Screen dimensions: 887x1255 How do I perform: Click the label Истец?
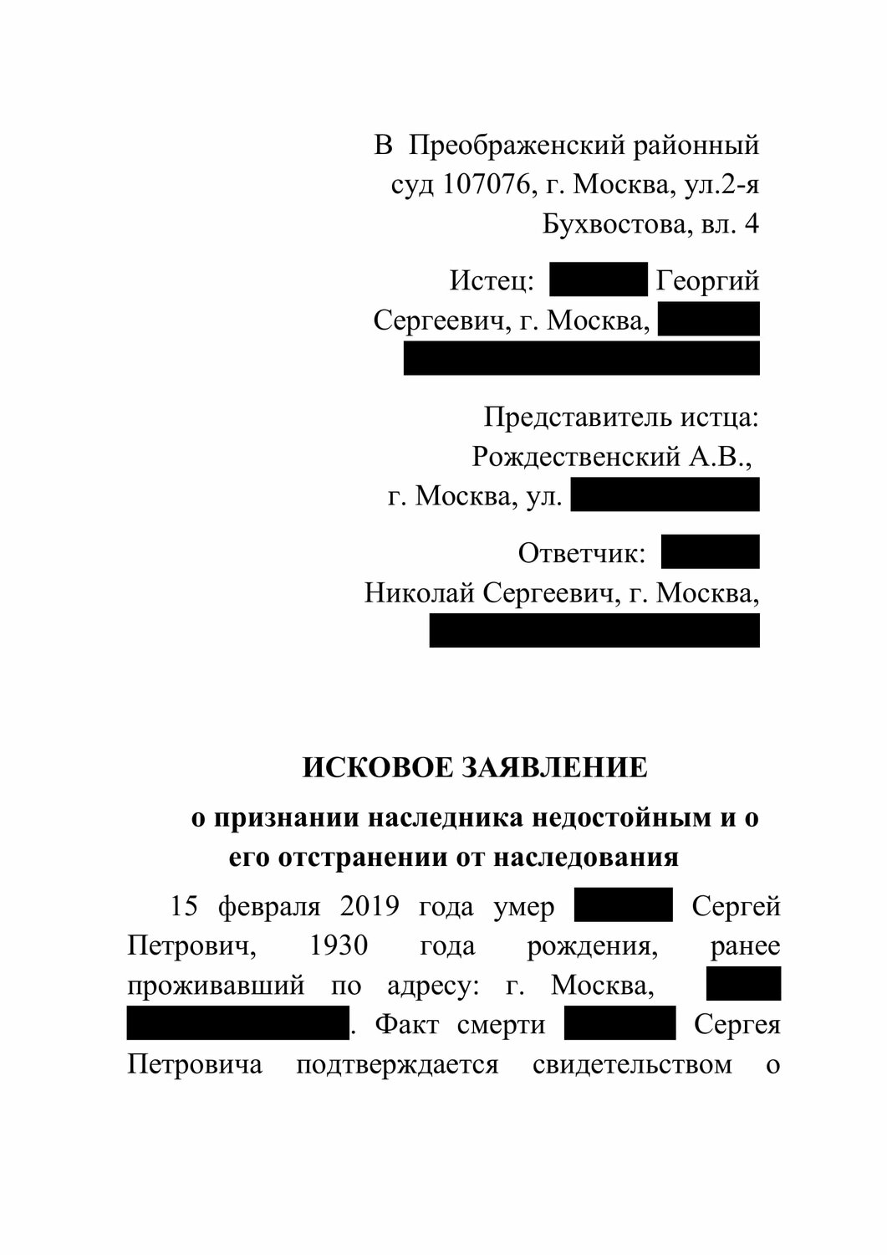492,280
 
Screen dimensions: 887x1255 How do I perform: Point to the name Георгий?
707,280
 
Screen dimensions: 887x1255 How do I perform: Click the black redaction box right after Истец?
599,279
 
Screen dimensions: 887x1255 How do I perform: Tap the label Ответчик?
582,553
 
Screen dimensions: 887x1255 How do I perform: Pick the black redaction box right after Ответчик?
710,552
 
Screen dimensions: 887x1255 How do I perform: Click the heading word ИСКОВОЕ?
375,768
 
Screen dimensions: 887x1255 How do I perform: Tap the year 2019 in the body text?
370,906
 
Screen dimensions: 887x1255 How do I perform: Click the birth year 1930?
339,946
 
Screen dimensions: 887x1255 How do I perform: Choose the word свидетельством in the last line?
632,1065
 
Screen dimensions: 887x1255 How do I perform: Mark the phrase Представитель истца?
621,417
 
